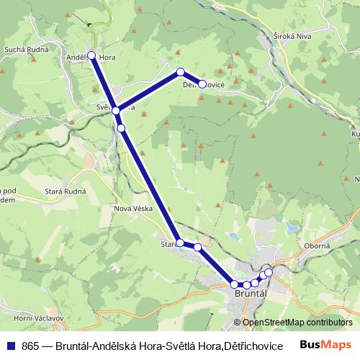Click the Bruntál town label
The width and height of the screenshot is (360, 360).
(251, 294)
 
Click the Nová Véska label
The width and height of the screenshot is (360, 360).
(131, 209)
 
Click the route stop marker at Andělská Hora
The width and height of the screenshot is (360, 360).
(91, 55)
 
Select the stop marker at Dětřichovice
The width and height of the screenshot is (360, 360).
(202, 84)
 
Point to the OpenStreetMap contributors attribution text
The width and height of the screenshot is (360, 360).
(297, 323)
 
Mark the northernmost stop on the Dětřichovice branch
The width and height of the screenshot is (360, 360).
(181, 71)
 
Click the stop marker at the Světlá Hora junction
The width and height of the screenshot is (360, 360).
(115, 110)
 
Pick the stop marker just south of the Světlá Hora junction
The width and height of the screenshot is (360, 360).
(121, 128)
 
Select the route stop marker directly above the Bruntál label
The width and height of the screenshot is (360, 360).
(246, 285)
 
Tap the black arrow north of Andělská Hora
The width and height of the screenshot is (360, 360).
(90, 24)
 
